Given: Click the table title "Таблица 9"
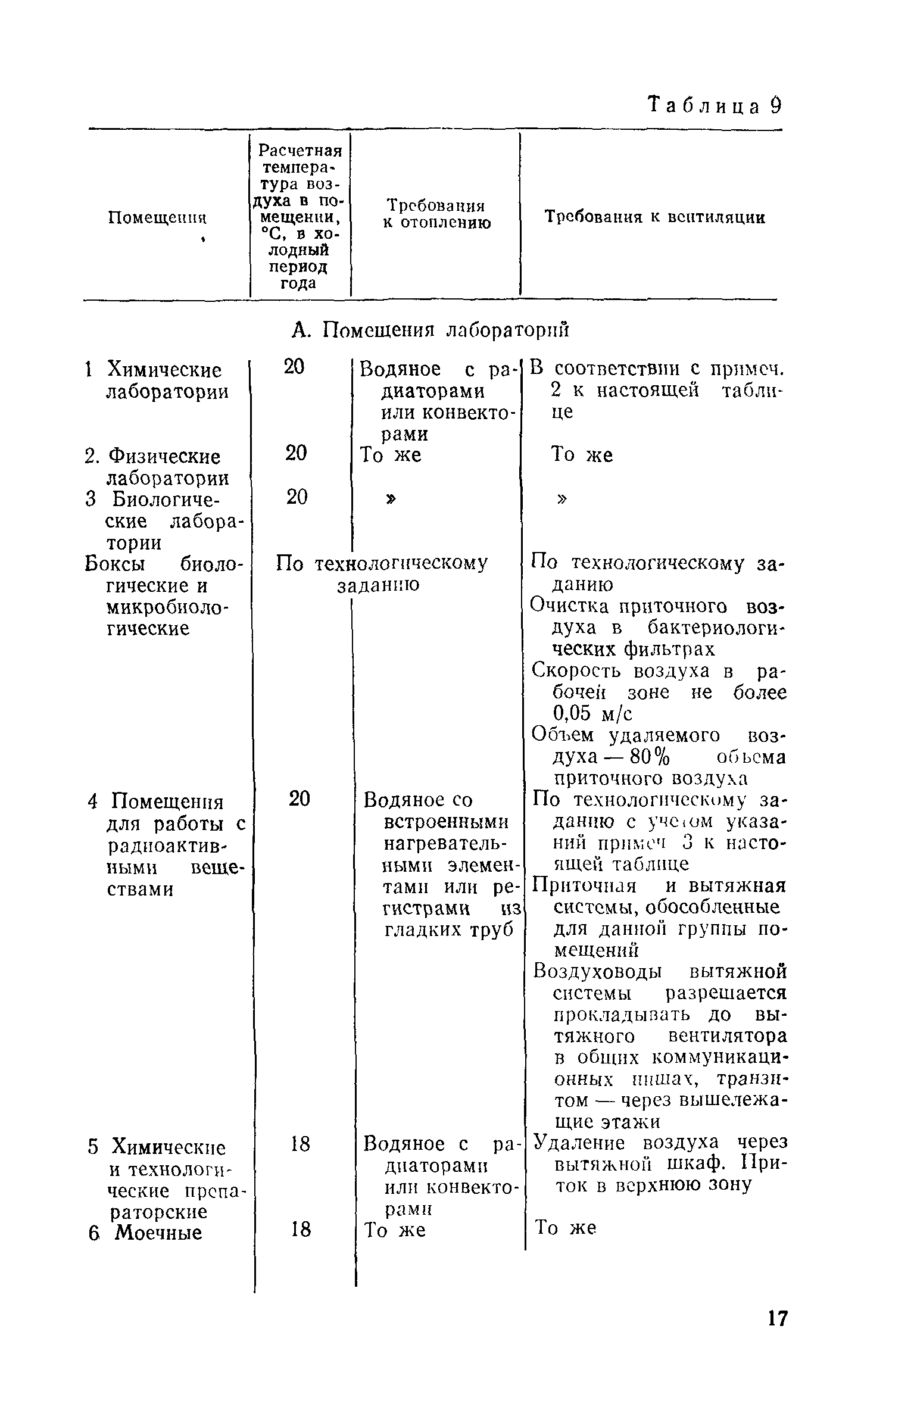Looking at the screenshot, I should coord(714,106).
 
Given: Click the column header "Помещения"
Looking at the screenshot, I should coord(157,218).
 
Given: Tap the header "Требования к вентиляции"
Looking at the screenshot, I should coord(655,217).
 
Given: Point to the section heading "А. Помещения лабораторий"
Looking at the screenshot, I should coord(431,329).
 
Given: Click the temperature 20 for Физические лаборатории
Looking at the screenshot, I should coord(297,454).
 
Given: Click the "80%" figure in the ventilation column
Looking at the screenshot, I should coord(650,757).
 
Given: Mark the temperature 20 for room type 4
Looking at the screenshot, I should coord(300,799).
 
